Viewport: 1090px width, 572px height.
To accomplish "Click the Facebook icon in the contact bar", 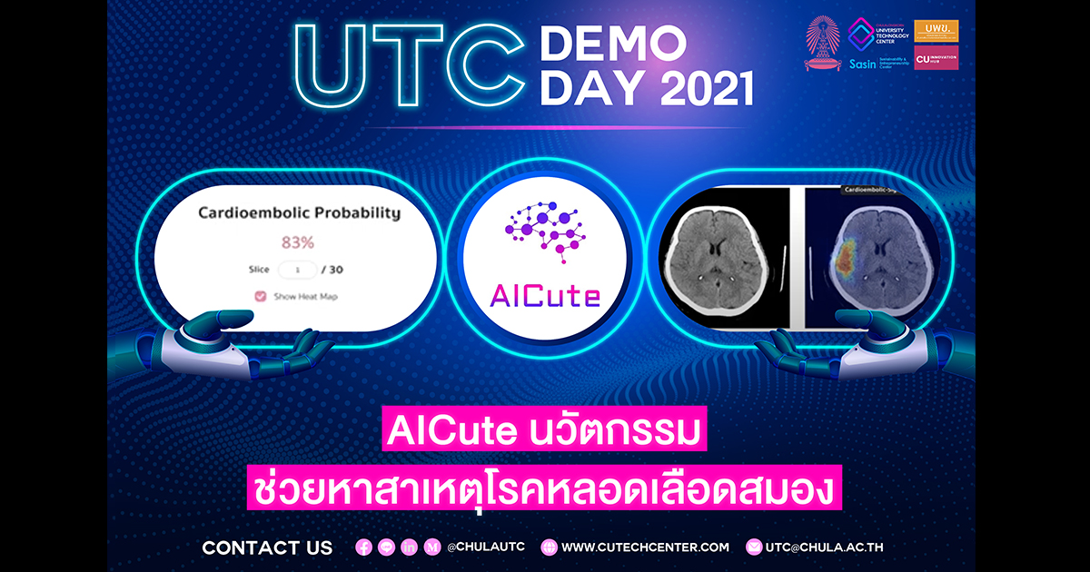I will tap(364, 547).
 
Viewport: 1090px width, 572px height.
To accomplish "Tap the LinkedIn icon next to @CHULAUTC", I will tap(410, 547).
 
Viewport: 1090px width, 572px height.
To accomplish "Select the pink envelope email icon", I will tap(753, 547).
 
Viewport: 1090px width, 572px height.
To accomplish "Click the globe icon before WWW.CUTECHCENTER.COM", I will tap(549, 547).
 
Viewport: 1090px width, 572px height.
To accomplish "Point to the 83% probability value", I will tap(298, 242).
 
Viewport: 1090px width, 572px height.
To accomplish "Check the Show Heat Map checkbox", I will tap(261, 296).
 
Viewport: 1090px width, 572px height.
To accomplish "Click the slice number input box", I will tap(298, 270).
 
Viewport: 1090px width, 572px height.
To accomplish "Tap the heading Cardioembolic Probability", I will tap(299, 213).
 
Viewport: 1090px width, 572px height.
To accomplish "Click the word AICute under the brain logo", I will tap(544, 295).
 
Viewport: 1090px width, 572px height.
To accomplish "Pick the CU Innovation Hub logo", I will tap(936, 57).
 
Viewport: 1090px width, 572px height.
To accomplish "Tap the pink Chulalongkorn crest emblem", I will tap(823, 44).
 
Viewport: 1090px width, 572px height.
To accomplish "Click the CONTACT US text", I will tap(267, 547).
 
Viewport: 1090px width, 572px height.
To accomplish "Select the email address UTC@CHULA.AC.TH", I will tap(825, 547).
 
